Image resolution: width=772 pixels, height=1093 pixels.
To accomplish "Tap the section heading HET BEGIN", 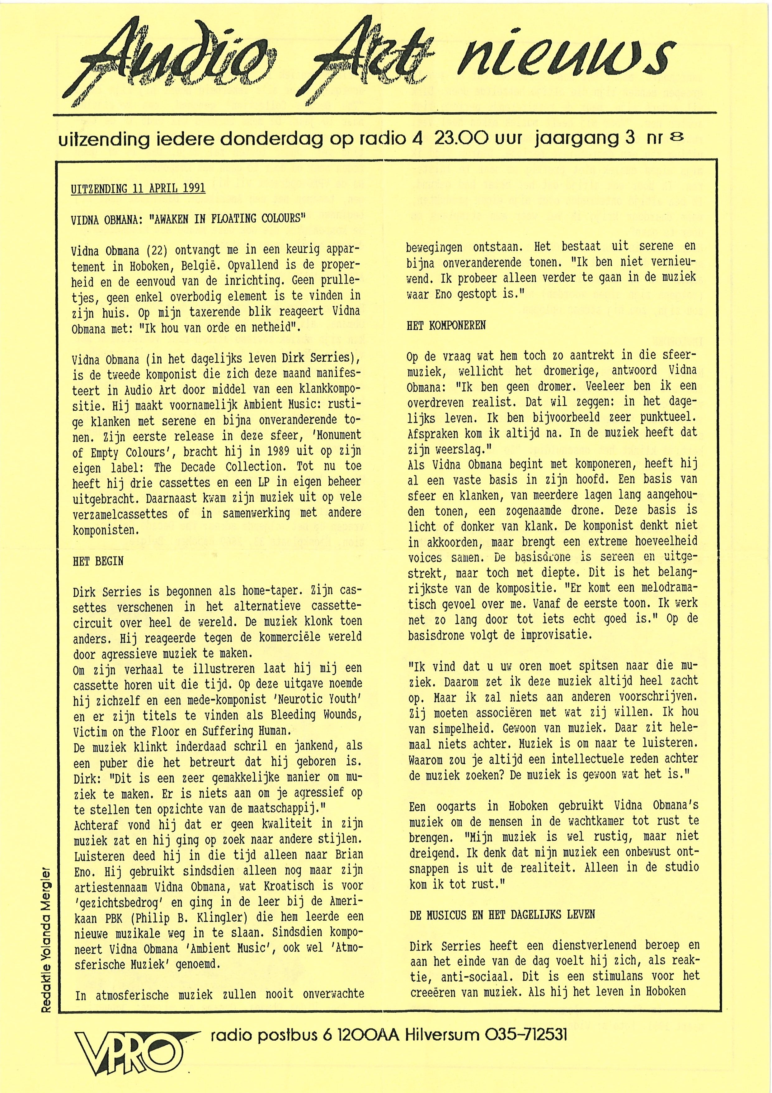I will click(x=98, y=561).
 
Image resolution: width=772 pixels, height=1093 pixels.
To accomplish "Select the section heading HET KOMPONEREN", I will click(x=446, y=326).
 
